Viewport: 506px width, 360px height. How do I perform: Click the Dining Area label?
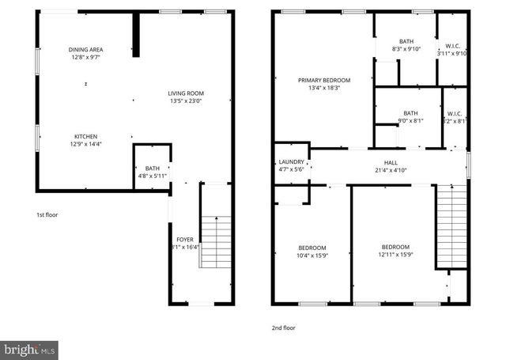[x=86, y=49]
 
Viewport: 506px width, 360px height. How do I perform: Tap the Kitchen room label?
[x=86, y=135]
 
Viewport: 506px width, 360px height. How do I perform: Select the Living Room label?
[x=186, y=93]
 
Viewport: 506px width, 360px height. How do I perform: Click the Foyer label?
[x=184, y=238]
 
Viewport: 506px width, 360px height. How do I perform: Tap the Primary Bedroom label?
[x=323, y=80]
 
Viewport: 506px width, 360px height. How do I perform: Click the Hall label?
[x=390, y=161]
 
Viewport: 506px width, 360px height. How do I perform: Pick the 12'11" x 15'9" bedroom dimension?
[x=395, y=255]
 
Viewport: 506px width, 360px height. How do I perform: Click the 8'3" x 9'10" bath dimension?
[x=406, y=49]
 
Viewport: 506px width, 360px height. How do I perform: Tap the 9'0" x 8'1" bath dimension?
[x=410, y=121]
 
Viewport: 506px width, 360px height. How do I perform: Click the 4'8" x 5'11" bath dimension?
[x=152, y=176]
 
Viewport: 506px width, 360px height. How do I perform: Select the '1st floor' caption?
[x=47, y=214]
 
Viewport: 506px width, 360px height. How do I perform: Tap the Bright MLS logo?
[x=29, y=349]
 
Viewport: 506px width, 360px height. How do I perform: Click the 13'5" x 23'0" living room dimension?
[x=186, y=101]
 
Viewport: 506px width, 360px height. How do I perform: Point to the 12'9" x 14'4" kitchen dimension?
[x=86, y=144]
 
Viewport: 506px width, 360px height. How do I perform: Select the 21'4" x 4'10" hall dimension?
[x=390, y=169]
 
